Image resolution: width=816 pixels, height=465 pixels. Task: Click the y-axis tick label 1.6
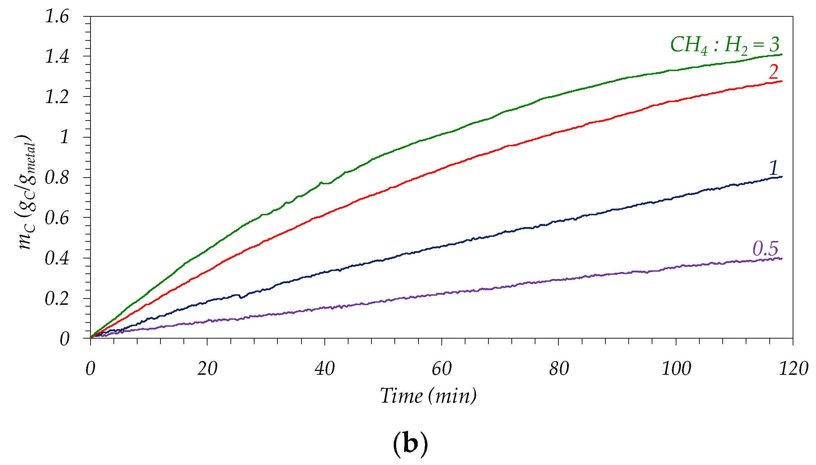tap(57, 16)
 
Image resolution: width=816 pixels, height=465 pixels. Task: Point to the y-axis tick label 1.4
tap(57, 56)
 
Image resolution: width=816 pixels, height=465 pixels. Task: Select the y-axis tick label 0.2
tap(57, 299)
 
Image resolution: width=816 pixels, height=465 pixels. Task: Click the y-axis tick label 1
tap(65, 137)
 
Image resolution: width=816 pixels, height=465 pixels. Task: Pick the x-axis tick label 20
tap(207, 368)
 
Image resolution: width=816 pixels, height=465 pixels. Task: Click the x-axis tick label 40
tap(324, 368)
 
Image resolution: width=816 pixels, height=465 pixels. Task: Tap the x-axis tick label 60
tap(441, 368)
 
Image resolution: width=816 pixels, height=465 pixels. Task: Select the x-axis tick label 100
tap(676, 368)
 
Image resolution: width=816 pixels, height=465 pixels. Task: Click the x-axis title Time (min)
tap(428, 396)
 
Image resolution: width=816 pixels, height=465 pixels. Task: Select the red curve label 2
tap(773, 72)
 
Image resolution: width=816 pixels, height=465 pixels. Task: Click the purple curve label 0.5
tap(765, 248)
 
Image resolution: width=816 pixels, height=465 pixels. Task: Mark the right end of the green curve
tap(782, 54)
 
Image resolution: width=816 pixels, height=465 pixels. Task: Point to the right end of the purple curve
tap(782, 258)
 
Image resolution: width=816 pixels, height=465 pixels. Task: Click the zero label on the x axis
tap(90, 368)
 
